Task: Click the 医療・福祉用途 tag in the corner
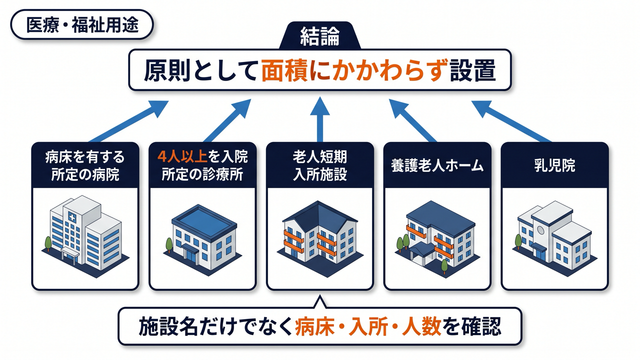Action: click(x=82, y=25)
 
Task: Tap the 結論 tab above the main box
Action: click(x=319, y=36)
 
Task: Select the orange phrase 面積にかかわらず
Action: click(x=353, y=70)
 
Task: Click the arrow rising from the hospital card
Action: click(x=128, y=121)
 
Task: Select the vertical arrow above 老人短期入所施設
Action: click(x=319, y=119)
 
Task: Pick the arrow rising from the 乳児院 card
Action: click(x=511, y=121)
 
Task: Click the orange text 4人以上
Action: click(x=182, y=156)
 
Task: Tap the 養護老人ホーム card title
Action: click(x=437, y=165)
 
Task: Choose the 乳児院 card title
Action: click(x=554, y=165)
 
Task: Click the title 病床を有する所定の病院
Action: click(x=85, y=165)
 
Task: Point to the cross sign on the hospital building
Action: click(x=72, y=217)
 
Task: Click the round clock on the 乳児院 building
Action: click(x=540, y=230)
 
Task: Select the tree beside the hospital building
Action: click(x=48, y=243)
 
